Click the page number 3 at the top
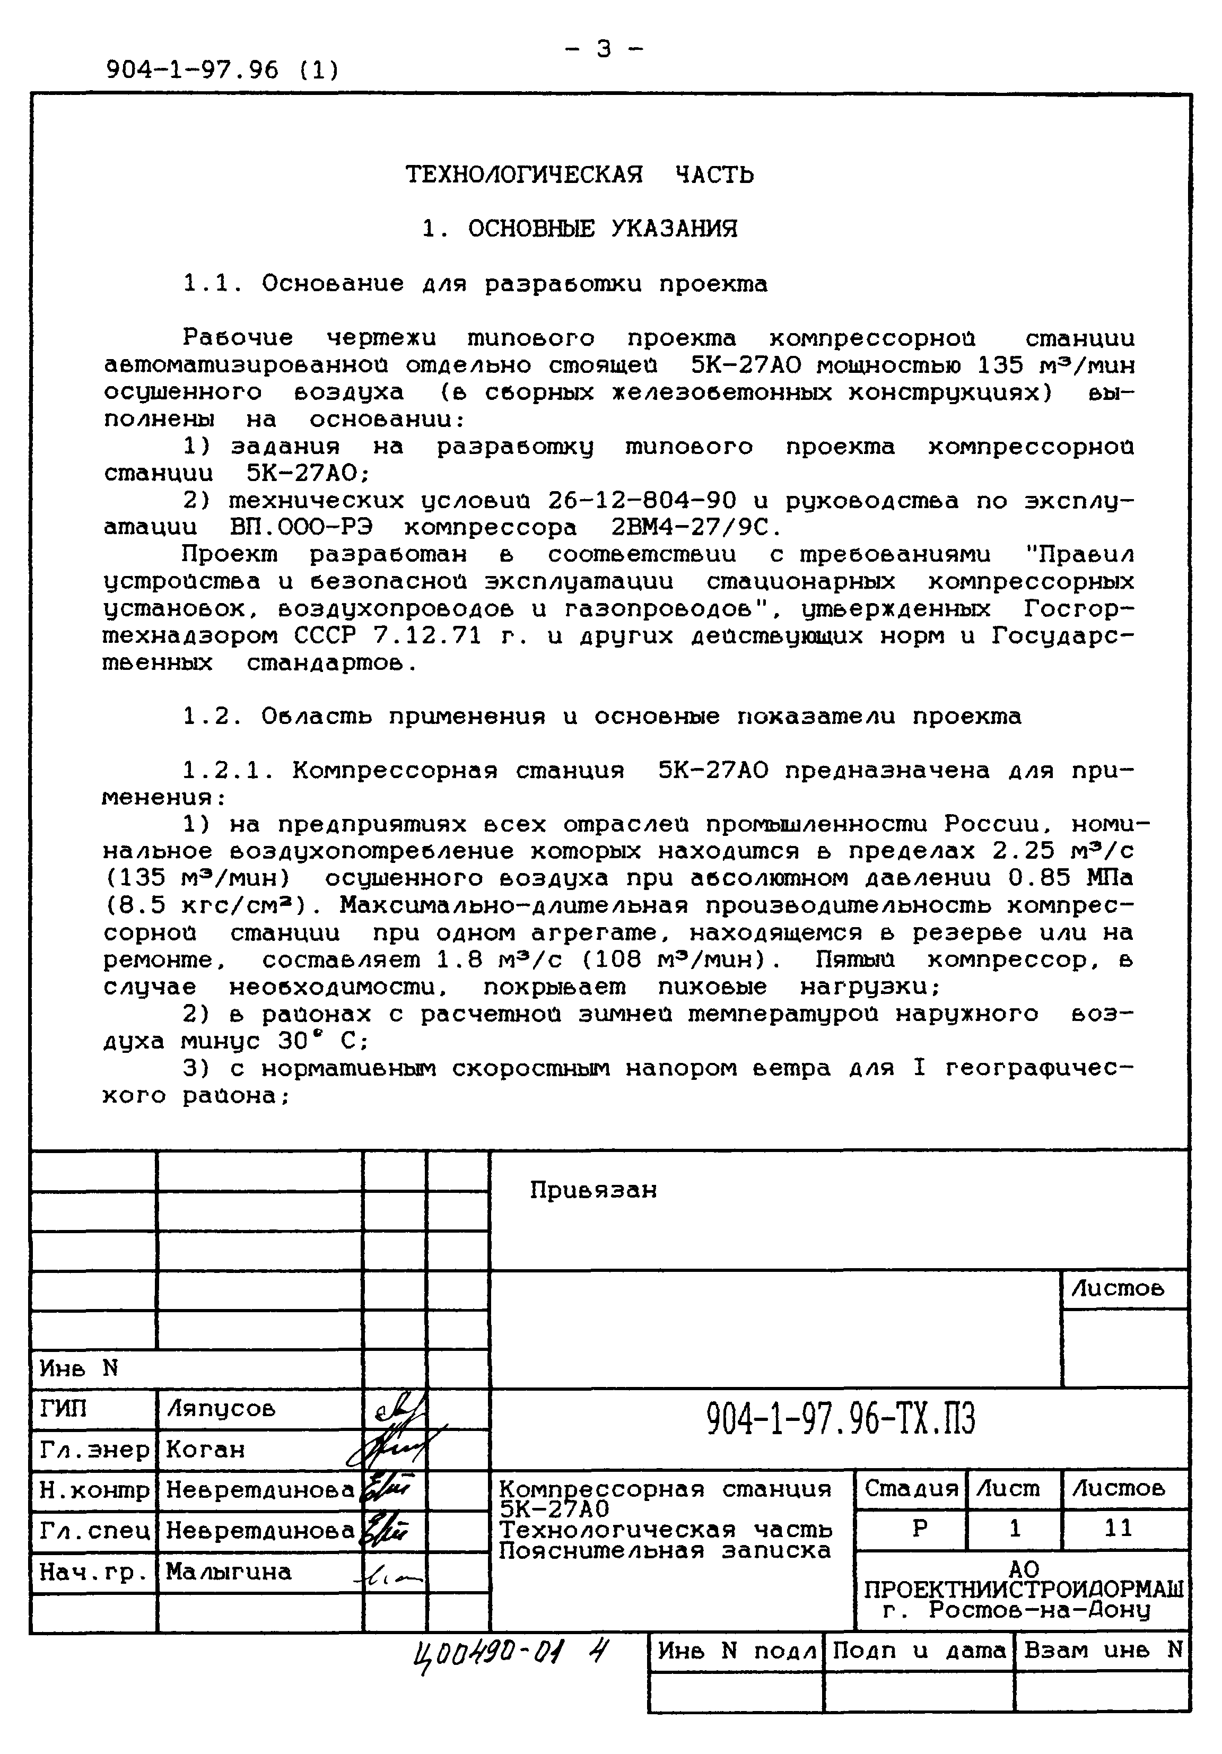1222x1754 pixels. coord(604,50)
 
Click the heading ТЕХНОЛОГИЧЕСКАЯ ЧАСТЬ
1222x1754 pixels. coord(579,175)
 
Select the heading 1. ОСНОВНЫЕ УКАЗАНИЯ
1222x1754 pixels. coord(580,229)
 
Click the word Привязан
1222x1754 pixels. coord(592,1190)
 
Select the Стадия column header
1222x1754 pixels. coord(910,1488)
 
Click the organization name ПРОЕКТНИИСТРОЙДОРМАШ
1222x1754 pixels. coord(1024,1590)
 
